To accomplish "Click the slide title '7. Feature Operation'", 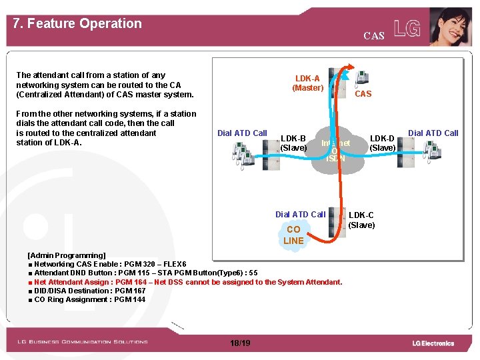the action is [77, 23].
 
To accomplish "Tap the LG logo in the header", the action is [407, 28].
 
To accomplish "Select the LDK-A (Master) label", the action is [307, 83].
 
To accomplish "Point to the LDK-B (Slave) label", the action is [293, 143].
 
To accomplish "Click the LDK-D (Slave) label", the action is [383, 143].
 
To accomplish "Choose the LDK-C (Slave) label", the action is [361, 220].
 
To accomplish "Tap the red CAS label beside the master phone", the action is [363, 94].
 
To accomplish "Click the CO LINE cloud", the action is [293, 235].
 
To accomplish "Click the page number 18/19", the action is [239, 343].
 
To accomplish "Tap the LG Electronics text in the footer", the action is [433, 343].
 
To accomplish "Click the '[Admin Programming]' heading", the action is [66, 255].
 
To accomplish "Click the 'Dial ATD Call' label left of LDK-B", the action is [242, 133].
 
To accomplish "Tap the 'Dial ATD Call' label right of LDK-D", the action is [433, 133].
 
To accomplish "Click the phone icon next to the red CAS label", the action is [363, 77].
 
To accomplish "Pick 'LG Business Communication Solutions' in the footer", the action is [83, 342].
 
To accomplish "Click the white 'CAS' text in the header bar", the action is [374, 36].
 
